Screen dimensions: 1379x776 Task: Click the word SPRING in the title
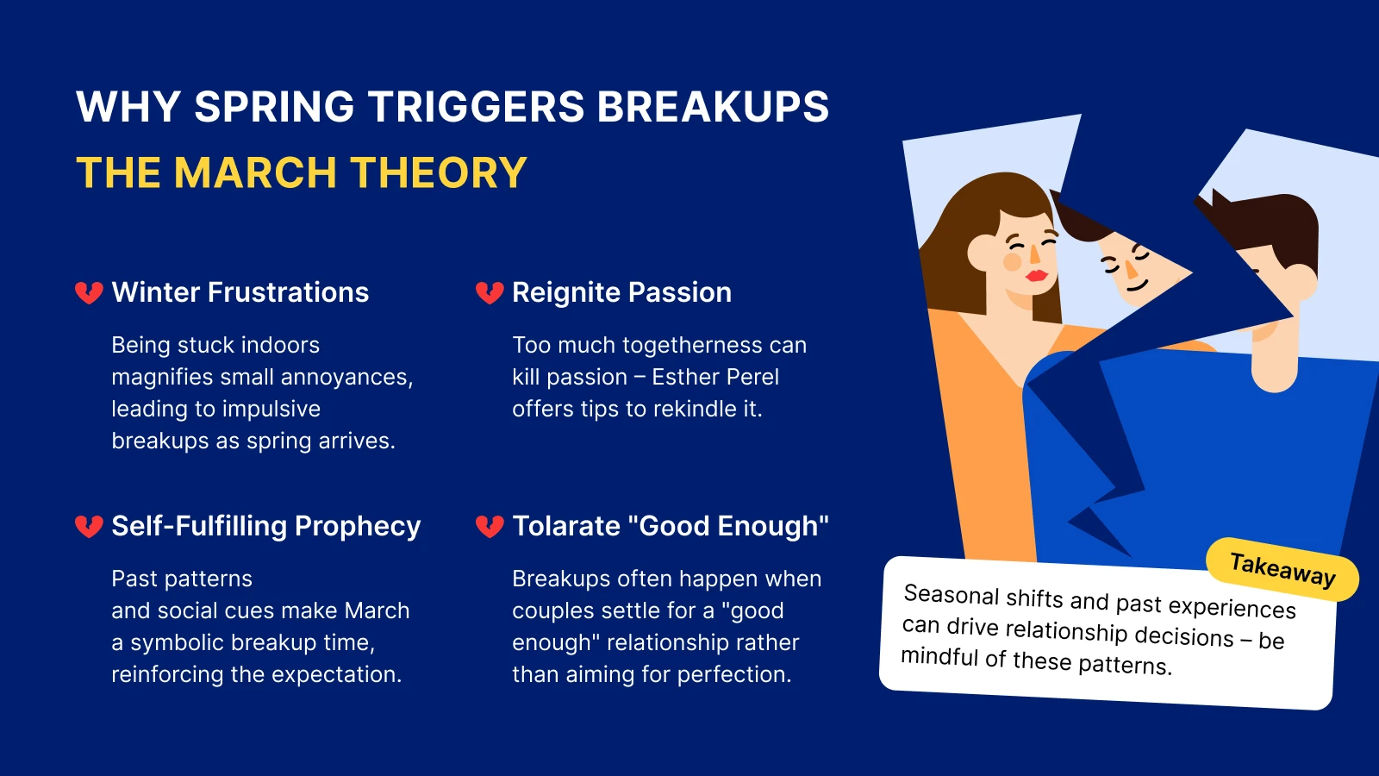(x=274, y=107)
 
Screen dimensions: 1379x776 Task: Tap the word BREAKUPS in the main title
(x=713, y=107)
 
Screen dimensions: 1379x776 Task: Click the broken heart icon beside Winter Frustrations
(x=90, y=293)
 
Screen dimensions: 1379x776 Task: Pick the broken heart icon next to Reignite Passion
(x=490, y=293)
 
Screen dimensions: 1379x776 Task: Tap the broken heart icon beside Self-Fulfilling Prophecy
(x=90, y=527)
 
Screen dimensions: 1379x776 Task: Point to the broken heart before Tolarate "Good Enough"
(x=490, y=527)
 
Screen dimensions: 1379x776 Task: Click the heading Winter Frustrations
(x=240, y=292)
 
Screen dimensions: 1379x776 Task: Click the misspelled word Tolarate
(x=566, y=527)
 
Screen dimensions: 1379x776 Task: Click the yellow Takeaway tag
(x=1282, y=570)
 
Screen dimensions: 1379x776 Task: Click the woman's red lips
(x=1036, y=276)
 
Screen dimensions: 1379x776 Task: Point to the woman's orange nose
(x=1033, y=253)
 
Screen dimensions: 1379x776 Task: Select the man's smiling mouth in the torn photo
(x=1137, y=285)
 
